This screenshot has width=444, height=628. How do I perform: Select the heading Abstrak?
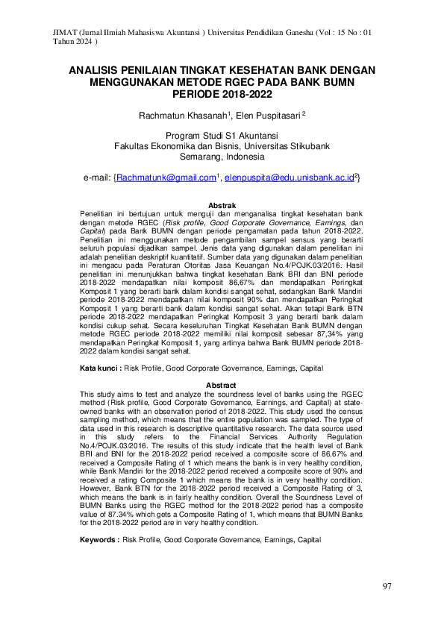click(222, 205)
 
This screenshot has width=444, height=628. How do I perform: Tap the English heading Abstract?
click(222, 385)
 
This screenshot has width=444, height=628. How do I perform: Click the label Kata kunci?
click(101, 369)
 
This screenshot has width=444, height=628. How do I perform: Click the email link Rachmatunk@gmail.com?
click(165, 178)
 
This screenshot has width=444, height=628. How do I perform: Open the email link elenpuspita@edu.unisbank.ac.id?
click(290, 178)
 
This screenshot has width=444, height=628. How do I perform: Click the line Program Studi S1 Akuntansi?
click(222, 136)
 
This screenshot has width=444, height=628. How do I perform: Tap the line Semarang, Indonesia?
click(222, 157)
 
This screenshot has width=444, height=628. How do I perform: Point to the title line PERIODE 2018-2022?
click(222, 95)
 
